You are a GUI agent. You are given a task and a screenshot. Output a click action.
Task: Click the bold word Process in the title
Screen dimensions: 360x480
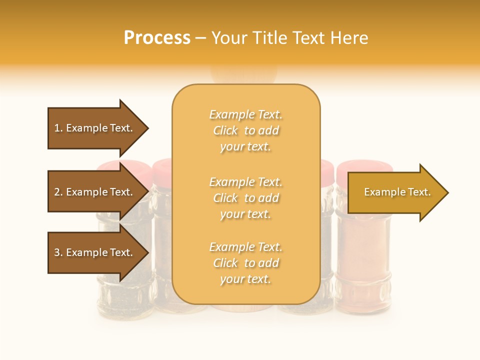point(157,38)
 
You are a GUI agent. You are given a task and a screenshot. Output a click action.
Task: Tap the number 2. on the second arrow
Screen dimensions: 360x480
point(58,192)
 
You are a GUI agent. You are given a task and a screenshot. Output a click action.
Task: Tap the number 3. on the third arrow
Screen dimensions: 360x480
point(58,252)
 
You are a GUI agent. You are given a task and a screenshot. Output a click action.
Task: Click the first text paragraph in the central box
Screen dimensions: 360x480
point(245,130)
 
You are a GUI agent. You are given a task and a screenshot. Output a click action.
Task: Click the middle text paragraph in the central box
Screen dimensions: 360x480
point(245,198)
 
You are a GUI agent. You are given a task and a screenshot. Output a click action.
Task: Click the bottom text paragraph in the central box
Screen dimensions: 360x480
point(245,263)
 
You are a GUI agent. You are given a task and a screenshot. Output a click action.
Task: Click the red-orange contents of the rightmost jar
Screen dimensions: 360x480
point(362,260)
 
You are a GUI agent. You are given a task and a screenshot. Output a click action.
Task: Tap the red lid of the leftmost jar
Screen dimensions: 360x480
point(112,167)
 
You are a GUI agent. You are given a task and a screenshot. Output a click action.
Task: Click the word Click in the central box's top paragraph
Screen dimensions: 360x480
point(225,131)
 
